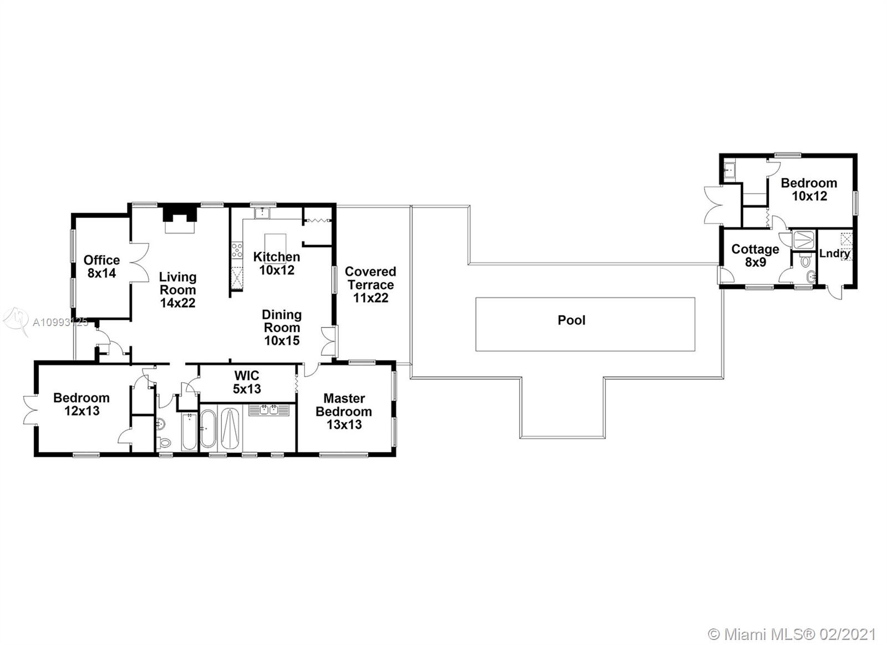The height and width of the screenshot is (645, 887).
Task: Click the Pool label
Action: [571, 320]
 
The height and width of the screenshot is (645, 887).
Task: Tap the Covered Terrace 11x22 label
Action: [370, 285]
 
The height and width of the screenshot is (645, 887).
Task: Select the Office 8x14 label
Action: [102, 266]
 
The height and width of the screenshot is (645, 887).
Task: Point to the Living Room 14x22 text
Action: [178, 290]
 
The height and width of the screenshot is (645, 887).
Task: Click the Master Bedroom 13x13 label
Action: [344, 412]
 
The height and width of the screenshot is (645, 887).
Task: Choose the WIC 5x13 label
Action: [247, 382]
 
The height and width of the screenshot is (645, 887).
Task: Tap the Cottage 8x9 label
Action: [755, 256]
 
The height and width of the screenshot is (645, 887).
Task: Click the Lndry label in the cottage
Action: [834, 253]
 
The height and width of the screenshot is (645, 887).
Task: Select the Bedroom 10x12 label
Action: [809, 189]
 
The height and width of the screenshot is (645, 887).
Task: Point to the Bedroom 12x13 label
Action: [81, 404]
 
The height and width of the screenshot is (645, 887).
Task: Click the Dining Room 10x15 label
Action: [282, 328]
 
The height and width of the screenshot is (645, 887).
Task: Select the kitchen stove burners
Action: [237, 251]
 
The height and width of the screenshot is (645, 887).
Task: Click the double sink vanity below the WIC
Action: [269, 410]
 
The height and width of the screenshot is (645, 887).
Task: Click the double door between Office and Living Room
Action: [139, 262]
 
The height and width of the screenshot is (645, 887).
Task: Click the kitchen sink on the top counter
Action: [262, 213]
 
